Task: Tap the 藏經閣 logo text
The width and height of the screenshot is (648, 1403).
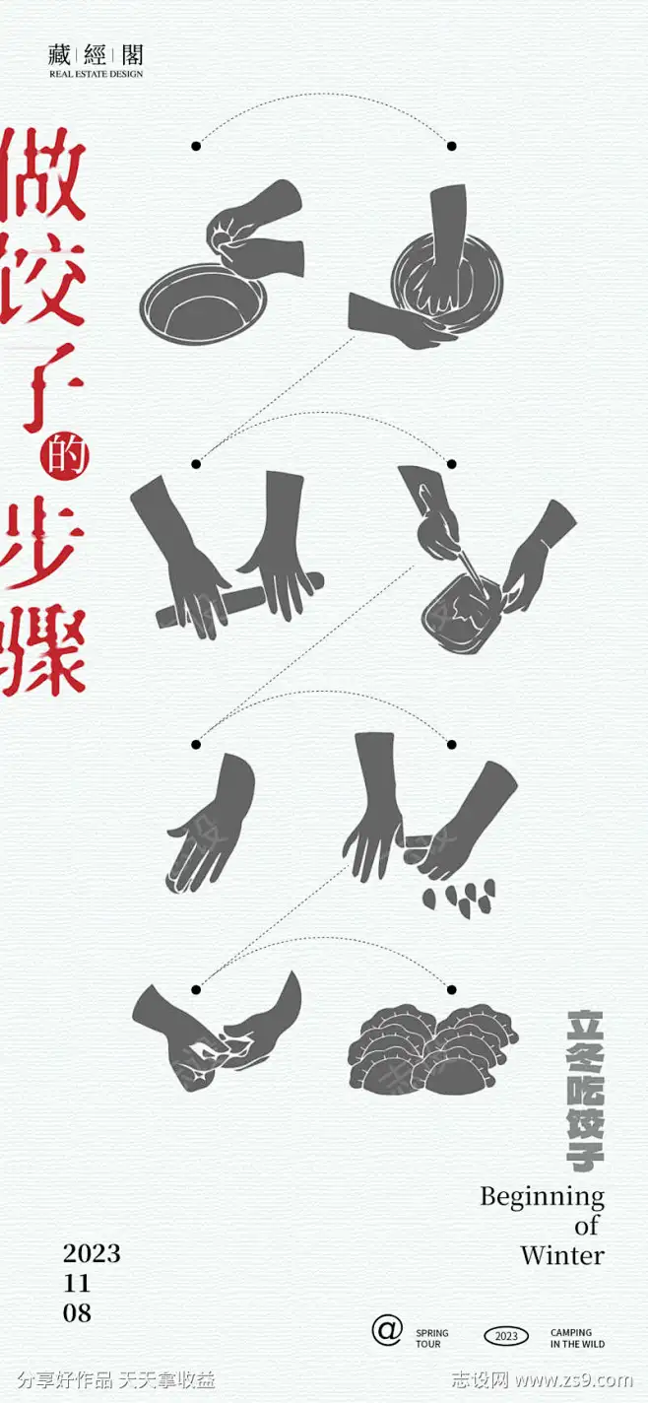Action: [x=97, y=55]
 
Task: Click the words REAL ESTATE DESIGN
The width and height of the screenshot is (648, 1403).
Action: [x=97, y=74]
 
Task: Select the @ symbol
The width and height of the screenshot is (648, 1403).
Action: [x=387, y=1330]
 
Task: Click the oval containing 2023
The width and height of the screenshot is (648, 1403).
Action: [x=506, y=1337]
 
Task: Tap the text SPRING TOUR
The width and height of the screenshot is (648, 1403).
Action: [x=431, y=1338]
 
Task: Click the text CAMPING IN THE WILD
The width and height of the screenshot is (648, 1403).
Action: [x=577, y=1338]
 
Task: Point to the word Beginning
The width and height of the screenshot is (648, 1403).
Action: [x=542, y=1197]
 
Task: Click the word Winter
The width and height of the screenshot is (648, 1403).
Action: [x=561, y=1256]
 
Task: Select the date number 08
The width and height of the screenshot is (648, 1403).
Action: [x=77, y=1313]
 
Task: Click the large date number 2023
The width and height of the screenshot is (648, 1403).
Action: [x=92, y=1253]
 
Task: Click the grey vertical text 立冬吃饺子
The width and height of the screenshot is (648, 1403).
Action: [x=587, y=1090]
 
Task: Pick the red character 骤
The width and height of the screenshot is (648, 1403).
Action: [x=45, y=645]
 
